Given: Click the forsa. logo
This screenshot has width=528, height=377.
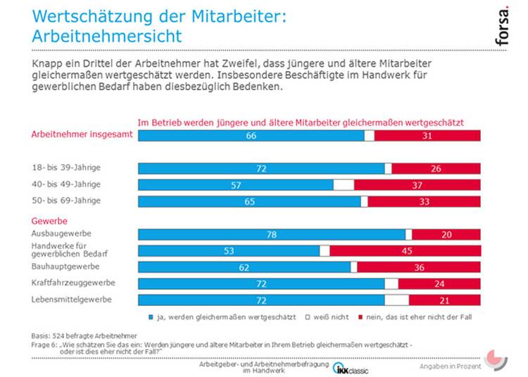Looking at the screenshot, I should point(502,27).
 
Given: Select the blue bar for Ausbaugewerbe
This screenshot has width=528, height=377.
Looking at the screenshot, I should point(271,234).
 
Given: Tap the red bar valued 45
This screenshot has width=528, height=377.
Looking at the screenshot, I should point(405,250).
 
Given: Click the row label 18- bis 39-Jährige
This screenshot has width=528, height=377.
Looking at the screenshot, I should point(66,169).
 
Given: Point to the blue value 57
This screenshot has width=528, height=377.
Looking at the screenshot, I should point(237,185).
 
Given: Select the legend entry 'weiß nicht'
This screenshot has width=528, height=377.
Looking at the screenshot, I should point(327,317).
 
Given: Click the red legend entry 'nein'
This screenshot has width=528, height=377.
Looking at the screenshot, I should point(416,317).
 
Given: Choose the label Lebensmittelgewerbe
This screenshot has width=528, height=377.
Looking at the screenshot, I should point(73,300).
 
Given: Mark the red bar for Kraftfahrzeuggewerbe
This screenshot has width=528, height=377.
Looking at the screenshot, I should point(439,283).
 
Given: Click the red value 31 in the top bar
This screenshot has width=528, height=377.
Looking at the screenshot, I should point(427,136).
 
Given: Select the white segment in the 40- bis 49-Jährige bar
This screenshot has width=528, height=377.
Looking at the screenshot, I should point(344,185).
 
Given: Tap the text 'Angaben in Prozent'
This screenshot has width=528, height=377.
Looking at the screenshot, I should point(451,366).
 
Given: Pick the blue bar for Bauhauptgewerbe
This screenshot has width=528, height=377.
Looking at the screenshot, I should point(244,267).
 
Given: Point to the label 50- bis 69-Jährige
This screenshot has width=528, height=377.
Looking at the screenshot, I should point(66,200).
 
